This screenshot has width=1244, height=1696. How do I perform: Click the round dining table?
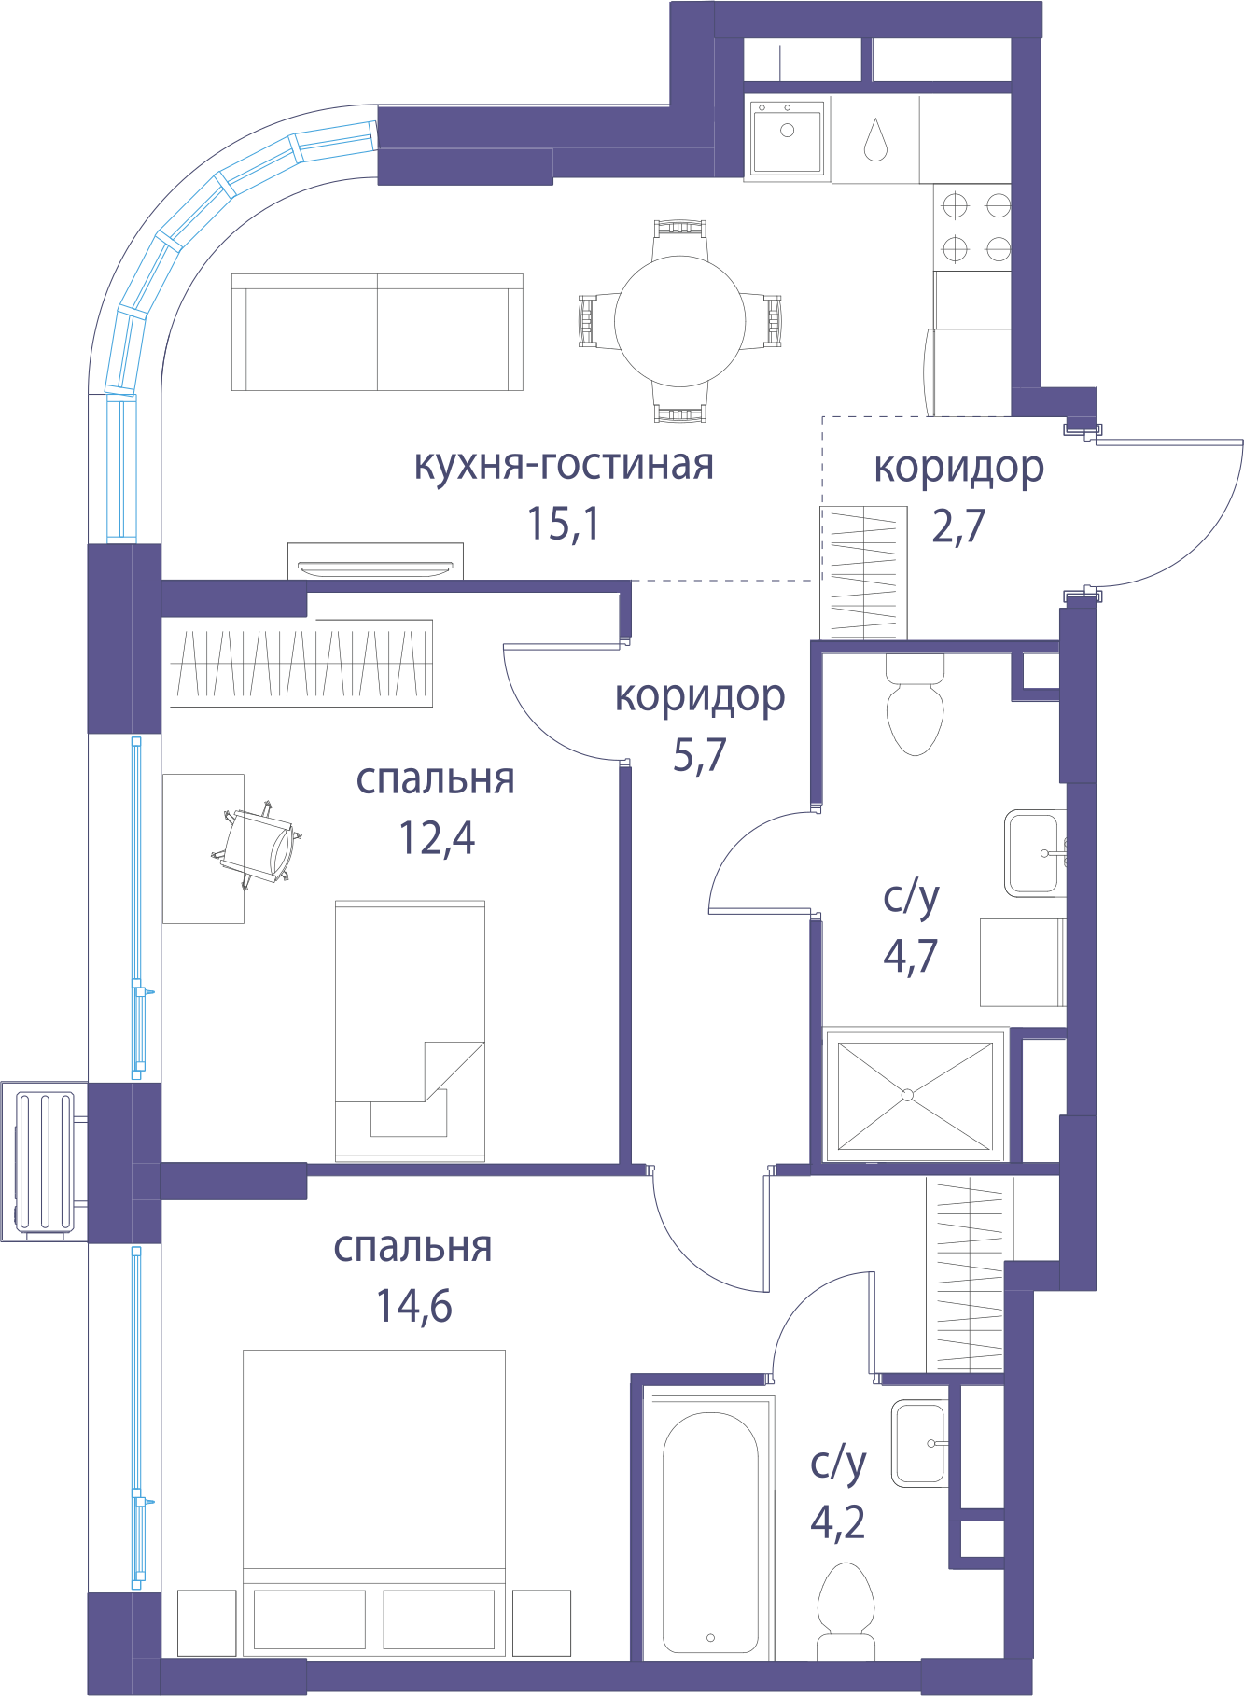click(x=679, y=321)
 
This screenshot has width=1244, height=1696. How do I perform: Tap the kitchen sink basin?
click(x=787, y=137)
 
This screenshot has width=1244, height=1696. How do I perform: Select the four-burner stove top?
click(x=973, y=227)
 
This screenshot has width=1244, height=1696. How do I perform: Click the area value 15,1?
click(x=564, y=524)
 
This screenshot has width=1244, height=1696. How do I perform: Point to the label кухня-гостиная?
click(x=564, y=464)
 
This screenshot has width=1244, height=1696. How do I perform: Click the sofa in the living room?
click(x=377, y=332)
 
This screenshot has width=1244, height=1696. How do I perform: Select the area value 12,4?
click(x=437, y=838)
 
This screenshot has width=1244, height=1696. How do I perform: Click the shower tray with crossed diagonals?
click(x=915, y=1095)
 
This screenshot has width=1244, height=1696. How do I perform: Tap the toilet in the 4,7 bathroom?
click(x=915, y=705)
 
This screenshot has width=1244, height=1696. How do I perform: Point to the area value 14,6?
click(x=414, y=1307)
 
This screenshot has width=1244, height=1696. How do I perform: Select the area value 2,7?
click(x=958, y=526)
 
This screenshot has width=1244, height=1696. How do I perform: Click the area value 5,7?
click(x=700, y=755)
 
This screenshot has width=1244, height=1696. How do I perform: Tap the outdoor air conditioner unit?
click(x=45, y=1162)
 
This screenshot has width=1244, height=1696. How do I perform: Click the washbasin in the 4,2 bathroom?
click(x=919, y=1443)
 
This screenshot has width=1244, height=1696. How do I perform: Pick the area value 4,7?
click(x=911, y=957)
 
